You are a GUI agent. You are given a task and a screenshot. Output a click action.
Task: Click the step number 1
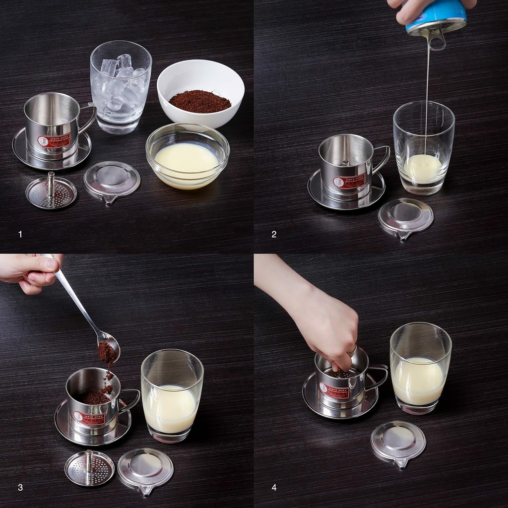[x=20, y=234]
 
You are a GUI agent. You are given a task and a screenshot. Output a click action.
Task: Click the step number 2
[x=274, y=234]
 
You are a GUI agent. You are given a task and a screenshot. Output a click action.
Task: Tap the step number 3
[x=20, y=488]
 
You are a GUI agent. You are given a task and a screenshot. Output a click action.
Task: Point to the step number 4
[x=274, y=488]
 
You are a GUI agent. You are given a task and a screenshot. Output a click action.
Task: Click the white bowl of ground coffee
[x=200, y=92]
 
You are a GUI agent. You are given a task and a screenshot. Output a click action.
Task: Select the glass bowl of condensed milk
[x=187, y=156]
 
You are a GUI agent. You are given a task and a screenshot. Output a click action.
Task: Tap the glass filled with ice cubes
[x=121, y=87]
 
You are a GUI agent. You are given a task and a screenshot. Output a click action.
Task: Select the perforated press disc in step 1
[x=51, y=192]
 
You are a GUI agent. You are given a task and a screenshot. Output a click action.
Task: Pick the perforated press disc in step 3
[x=89, y=468]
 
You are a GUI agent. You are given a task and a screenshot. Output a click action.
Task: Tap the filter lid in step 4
[x=398, y=443]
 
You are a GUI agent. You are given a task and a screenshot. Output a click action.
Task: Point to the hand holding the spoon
[x=30, y=272]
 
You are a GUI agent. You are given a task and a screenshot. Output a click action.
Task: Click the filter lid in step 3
[x=145, y=469]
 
